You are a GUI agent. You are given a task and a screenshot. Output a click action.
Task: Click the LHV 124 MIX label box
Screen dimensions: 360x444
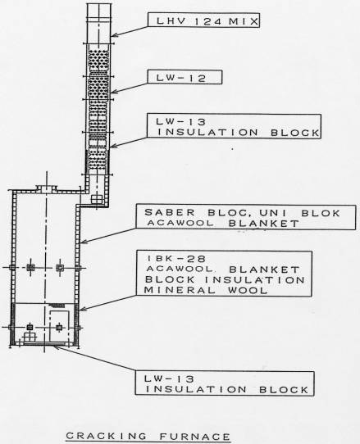(203, 20)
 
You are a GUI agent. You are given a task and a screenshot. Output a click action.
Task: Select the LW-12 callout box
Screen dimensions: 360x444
(185, 77)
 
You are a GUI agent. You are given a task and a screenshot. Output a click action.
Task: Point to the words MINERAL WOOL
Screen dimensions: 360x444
(206, 290)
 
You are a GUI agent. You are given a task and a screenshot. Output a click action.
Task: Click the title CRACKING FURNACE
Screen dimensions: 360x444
(148, 437)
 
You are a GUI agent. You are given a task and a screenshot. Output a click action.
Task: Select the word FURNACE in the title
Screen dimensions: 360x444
(194, 437)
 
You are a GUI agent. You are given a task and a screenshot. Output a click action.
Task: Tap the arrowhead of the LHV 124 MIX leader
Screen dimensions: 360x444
(112, 35)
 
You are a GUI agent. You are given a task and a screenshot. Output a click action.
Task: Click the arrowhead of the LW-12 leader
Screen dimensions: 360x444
(112, 92)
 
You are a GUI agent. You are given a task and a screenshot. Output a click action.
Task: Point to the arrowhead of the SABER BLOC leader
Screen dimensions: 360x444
(82, 242)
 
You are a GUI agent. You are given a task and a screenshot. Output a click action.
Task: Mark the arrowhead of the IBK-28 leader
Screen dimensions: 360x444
(82, 310)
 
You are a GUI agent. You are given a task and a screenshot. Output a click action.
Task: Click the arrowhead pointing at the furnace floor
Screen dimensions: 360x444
(55, 347)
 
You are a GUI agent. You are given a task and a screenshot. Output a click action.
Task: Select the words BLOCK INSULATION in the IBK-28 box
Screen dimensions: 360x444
(225, 280)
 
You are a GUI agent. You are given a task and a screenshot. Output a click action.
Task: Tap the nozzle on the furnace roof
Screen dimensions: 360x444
(47, 188)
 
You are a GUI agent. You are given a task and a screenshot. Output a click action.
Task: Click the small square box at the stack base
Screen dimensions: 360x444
(97, 199)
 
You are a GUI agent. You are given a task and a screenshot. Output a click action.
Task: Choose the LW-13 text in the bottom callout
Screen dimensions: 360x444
(169, 378)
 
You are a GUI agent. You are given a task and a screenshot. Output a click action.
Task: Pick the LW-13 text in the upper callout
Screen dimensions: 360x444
(181, 122)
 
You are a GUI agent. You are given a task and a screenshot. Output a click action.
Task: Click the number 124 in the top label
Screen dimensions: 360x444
(208, 21)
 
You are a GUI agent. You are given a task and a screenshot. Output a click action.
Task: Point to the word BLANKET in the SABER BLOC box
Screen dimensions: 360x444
(263, 224)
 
